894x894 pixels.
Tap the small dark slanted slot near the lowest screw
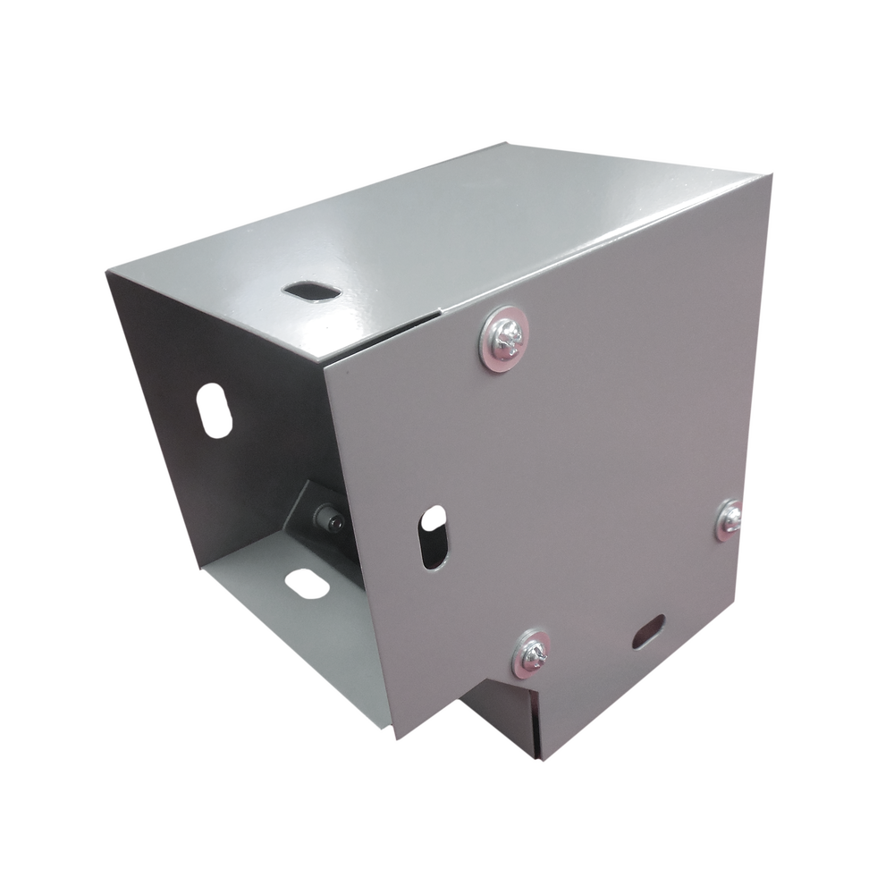[648, 632]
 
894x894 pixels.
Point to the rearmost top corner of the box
[508, 139]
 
